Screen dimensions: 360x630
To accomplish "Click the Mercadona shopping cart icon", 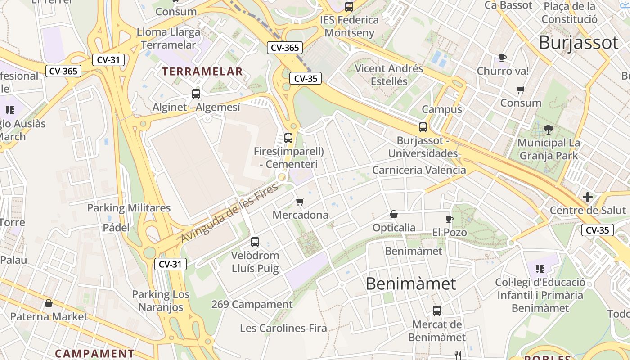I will point(300,202).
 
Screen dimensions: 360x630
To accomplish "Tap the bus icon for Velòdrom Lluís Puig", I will point(255,242).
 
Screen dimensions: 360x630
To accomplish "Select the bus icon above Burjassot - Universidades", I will point(423,127).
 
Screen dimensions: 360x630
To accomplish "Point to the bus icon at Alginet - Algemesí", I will point(196,94).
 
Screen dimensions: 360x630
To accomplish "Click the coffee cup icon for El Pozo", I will point(449,219).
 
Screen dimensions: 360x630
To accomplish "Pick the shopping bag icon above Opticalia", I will point(394,214).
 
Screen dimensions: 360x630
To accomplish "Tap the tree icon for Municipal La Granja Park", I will point(549,130).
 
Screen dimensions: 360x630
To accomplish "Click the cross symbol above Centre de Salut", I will point(588,197).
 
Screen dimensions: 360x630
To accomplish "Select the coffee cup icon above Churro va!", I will point(503,58).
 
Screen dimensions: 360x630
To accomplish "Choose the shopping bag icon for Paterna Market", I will point(49,303).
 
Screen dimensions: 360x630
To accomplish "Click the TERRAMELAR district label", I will point(202,71).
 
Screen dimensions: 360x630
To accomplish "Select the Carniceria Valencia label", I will point(419,170).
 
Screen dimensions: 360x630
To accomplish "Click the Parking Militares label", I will point(129,208).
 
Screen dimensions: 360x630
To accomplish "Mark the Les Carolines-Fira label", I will point(283,328).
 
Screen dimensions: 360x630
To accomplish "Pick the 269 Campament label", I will point(252,305).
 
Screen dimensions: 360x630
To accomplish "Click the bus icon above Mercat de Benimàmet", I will point(437,310).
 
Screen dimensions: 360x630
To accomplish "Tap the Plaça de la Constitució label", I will point(570,13).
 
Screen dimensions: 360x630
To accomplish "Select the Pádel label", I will point(116,227).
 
